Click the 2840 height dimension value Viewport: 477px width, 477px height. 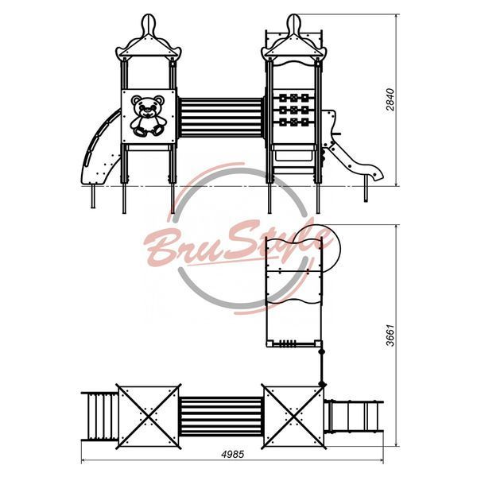[390, 99]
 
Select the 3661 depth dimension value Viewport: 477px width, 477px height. [390, 335]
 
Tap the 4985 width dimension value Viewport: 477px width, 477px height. [233, 454]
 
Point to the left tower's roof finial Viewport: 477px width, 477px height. [149, 24]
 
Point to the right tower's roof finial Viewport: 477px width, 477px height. [294, 24]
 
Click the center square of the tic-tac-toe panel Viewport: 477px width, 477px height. [294, 110]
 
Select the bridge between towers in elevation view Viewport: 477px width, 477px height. [221, 118]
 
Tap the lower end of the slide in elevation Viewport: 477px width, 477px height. [376, 175]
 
